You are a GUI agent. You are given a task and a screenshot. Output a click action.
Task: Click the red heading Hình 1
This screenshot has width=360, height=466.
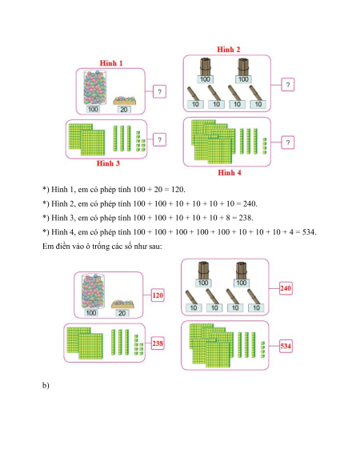coord(111,63)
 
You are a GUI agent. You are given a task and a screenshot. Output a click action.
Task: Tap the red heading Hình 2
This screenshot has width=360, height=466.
coord(229,50)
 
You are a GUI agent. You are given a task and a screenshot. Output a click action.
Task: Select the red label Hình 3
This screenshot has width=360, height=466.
coord(108,163)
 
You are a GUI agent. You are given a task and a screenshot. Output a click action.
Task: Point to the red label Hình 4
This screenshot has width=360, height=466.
coord(230,172)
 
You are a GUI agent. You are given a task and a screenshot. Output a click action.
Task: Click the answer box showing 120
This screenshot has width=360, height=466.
coord(158,295)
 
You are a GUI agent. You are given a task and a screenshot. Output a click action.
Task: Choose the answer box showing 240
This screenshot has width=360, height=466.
coord(286,288)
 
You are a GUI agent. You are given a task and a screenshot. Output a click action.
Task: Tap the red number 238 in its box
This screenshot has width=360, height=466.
coord(158,343)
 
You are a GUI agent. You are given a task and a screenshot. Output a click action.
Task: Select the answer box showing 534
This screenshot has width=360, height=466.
coord(286,346)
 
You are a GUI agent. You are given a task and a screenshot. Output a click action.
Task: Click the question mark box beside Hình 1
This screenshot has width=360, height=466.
coord(159,91)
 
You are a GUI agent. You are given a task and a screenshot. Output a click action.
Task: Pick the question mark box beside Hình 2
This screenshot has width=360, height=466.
coord(287,85)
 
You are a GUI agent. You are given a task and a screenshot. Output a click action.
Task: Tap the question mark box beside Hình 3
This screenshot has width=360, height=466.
coord(159,139)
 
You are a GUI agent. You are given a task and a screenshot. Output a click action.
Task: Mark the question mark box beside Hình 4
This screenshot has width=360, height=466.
coord(287,143)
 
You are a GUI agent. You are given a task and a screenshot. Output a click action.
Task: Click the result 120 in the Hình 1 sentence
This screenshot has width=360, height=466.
coord(178,189)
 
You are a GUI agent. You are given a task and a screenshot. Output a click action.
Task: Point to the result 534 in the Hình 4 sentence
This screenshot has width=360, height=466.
coord(309,232)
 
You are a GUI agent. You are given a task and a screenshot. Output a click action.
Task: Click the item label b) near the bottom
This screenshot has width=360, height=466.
coord(46,385)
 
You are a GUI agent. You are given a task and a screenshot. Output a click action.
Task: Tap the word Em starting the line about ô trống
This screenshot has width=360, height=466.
coord(47,246)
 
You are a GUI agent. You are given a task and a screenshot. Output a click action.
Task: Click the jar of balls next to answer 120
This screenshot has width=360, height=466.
coord(93,291)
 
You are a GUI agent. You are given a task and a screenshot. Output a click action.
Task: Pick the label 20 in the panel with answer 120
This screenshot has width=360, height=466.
coord(122,313)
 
